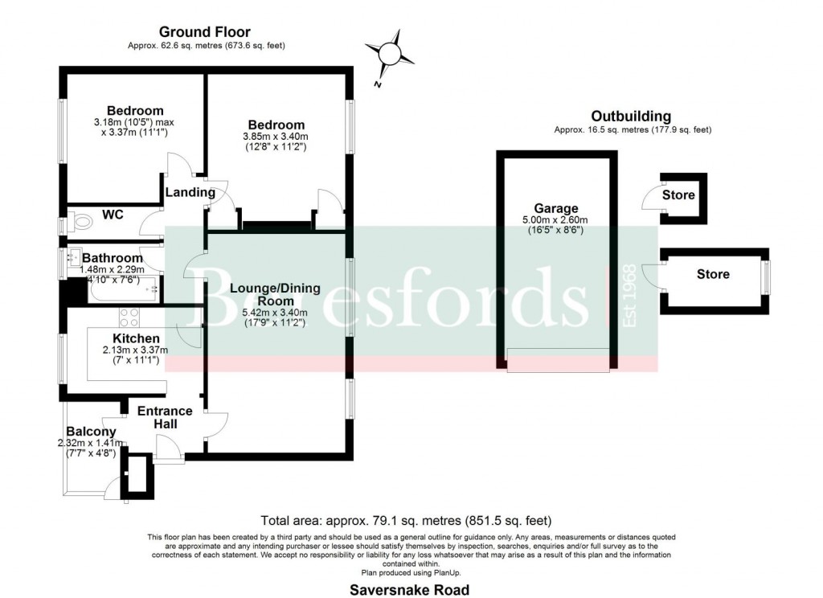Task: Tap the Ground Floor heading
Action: pos(206,32)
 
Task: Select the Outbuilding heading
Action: pos(631,117)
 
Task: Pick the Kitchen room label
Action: pos(136,338)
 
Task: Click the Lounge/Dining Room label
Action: pos(275,295)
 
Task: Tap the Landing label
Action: pos(190,192)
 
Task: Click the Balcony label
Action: pos(91,432)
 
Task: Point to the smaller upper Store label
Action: pos(678,195)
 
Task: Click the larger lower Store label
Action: pos(713,274)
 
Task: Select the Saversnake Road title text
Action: pos(409,589)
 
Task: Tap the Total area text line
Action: pos(407,520)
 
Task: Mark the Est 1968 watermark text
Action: pos(630,296)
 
